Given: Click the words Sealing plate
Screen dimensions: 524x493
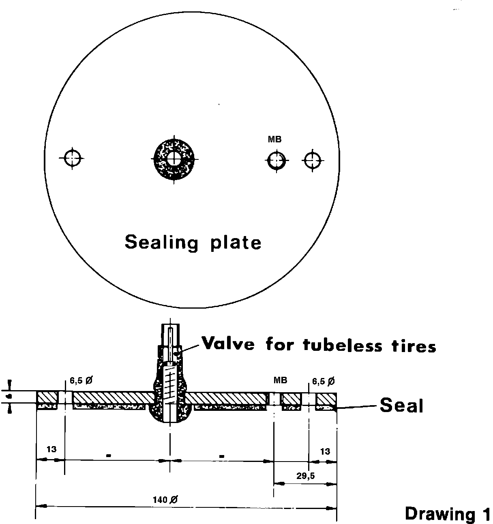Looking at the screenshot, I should pyautogui.click(x=193, y=243).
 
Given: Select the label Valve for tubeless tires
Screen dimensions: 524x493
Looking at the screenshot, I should pyautogui.click(x=319, y=345).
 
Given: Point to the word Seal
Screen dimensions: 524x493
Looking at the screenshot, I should pyautogui.click(x=401, y=406).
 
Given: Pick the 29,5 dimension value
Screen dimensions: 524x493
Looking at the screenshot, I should pyautogui.click(x=305, y=476).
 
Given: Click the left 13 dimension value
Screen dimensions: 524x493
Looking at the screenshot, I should pyautogui.click(x=51, y=449).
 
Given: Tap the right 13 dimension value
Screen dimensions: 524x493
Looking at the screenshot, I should pyautogui.click(x=325, y=451).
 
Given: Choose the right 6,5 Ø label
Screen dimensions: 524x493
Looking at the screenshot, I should pyautogui.click(x=323, y=381).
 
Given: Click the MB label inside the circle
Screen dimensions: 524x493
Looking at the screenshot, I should pyautogui.click(x=274, y=140).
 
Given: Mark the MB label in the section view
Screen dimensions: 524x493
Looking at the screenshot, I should pyautogui.click(x=280, y=380).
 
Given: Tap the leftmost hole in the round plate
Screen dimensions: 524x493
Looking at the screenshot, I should pyautogui.click(x=72, y=157).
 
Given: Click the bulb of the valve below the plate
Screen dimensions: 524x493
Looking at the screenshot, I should pyautogui.click(x=170, y=414).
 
